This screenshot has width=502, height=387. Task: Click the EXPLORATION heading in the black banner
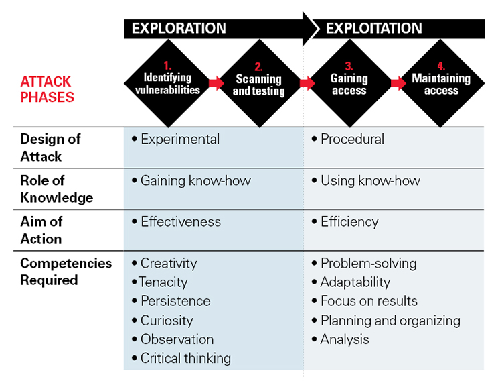179,28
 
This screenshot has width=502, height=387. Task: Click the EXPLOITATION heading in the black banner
373,28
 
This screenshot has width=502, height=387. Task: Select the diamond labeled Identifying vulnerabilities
168,83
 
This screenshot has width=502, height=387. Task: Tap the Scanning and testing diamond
259,83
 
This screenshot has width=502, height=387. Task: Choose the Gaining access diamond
349,83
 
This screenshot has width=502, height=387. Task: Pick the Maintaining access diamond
441,83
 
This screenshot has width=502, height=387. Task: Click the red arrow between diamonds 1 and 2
216,83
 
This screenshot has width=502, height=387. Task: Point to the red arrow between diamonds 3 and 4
398,83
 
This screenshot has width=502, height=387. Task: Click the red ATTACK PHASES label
47,89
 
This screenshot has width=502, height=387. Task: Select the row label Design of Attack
50,148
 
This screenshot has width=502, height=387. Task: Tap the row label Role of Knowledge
56,189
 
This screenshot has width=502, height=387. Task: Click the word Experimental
180,140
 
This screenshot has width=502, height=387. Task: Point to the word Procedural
353,140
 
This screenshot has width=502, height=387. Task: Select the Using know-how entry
370,180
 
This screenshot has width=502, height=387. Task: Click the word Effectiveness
181,222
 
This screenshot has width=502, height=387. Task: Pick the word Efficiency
349,222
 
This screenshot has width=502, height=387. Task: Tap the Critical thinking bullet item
181,358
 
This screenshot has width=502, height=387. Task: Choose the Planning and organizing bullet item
386,321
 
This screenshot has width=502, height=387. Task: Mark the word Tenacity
163,282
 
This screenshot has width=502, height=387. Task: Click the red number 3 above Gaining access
349,66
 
